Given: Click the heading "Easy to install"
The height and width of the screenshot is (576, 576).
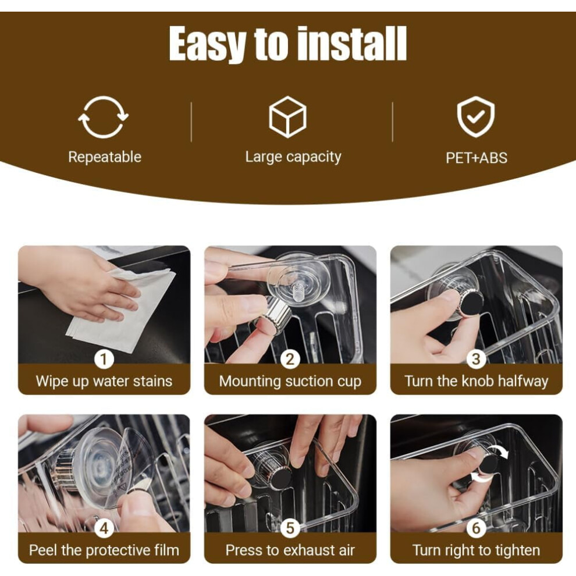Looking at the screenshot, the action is (287, 44).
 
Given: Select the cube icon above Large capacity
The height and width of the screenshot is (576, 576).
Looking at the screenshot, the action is (287, 117).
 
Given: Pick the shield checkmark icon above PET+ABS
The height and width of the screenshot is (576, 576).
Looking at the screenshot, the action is (476, 117).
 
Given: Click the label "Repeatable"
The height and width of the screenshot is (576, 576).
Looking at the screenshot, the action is (105, 157).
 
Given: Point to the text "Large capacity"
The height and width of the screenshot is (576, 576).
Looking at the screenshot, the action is (293, 157).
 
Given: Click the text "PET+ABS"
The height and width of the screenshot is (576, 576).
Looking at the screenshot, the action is (477, 158).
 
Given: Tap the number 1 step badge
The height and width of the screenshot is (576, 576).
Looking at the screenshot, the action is (104, 359).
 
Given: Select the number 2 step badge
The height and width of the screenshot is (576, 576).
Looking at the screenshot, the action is (290, 359).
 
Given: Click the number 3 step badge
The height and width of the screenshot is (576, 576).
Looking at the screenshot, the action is (476, 359).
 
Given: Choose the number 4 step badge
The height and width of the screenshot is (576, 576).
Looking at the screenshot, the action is (104, 528).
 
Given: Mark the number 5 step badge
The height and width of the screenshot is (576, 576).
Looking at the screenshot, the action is (290, 528).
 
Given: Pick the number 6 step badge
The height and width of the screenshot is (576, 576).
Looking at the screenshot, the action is (476, 528).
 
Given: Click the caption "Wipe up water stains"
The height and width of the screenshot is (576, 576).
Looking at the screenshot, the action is (104, 381).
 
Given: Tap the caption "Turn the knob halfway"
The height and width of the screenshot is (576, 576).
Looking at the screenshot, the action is (477, 381).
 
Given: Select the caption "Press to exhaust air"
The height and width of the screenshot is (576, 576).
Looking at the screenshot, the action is (290, 550).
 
